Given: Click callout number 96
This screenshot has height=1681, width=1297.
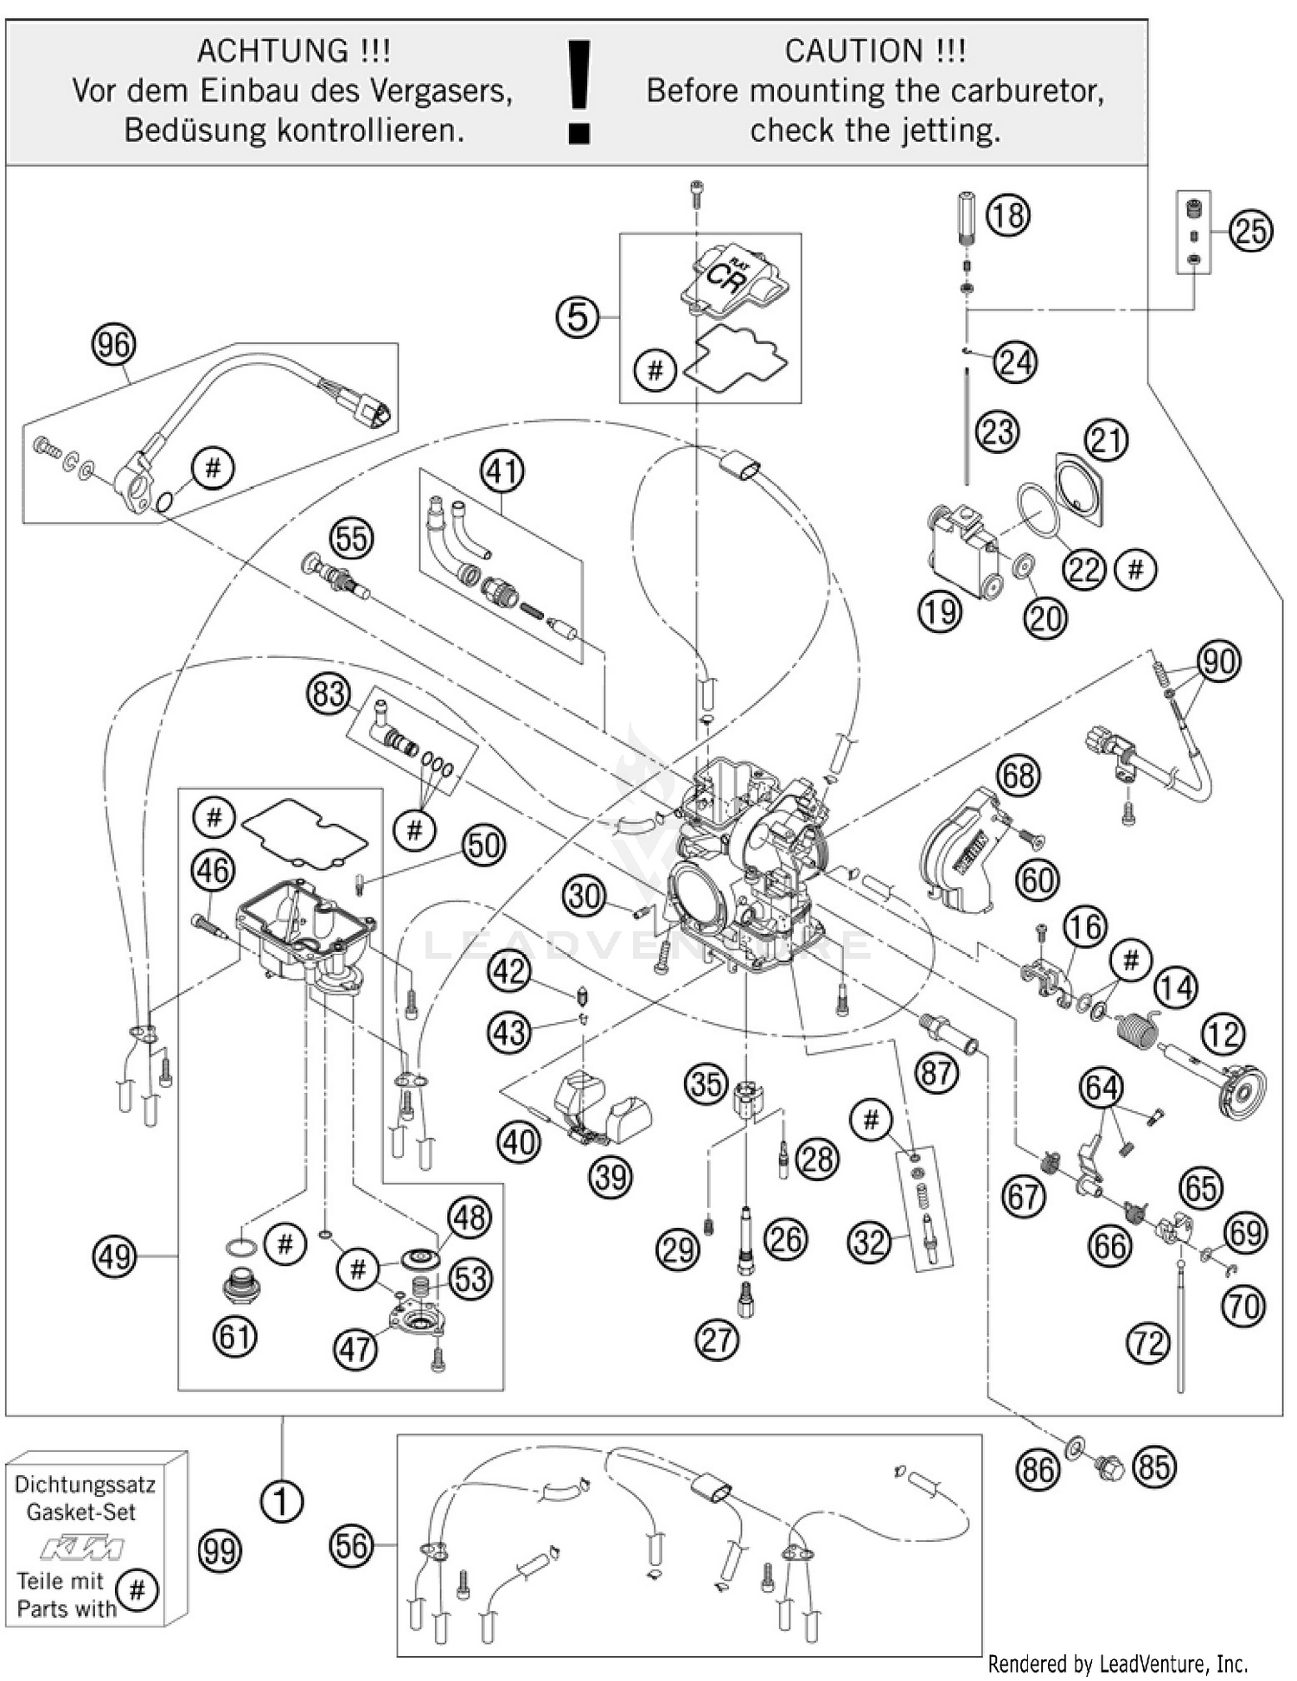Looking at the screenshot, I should [113, 345].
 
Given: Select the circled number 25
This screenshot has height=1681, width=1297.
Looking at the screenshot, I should [1251, 231].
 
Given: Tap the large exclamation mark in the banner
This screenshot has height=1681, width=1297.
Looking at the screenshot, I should [578, 92].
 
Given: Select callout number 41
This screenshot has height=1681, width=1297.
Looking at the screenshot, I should [503, 471].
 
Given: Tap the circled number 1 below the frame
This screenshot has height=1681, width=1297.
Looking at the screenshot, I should [281, 1501].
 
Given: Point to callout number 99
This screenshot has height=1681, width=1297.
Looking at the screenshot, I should [219, 1551].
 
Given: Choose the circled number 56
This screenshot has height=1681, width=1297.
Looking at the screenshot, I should [352, 1545].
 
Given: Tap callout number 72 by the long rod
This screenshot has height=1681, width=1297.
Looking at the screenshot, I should [1148, 1343].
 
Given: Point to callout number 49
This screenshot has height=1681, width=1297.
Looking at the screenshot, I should [115, 1256].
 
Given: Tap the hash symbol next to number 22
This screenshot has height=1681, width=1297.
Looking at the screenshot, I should [1135, 569].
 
